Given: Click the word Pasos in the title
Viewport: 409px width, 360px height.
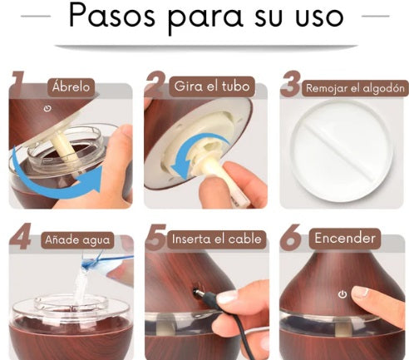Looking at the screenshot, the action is (111, 16).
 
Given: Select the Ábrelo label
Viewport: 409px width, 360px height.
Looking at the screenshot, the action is (71, 87).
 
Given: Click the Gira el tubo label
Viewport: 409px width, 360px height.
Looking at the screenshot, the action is (212, 86).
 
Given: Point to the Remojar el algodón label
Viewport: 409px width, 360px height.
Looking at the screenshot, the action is (355, 88).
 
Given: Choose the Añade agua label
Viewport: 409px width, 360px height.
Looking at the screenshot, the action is (77, 239).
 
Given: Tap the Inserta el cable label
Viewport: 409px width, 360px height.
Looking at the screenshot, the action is (217, 239).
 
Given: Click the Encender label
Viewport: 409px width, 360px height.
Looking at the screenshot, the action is (345, 239).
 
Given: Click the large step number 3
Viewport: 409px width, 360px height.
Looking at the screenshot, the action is (290, 84).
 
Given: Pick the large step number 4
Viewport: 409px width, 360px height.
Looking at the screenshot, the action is (20, 236).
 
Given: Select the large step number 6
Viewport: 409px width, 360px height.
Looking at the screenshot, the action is (290, 237).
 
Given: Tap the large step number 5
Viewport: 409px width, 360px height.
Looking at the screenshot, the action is (155, 236).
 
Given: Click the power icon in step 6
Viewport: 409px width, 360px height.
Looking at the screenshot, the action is (342, 294).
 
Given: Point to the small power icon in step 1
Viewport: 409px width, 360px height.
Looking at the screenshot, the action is (47, 108).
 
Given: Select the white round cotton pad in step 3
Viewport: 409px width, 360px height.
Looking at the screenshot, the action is (342, 150).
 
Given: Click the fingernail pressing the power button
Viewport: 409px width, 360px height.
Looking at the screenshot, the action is (360, 291).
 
